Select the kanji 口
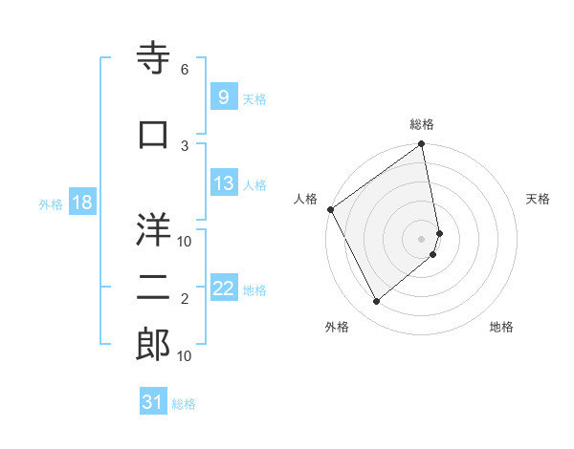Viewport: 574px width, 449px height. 154,136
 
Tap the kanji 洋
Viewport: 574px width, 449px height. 154,230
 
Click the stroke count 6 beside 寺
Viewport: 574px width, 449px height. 185,70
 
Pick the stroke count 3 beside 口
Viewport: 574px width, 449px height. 185,145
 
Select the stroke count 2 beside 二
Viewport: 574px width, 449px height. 185,299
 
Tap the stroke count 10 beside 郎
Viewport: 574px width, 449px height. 185,355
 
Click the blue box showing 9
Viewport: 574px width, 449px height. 223,97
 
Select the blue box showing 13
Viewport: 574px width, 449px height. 224,184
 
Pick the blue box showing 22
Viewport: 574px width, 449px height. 224,289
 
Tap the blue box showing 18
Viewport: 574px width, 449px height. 81,203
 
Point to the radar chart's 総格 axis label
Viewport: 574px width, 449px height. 422,124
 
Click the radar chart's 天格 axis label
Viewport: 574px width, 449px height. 539,199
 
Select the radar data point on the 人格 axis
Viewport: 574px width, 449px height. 330,209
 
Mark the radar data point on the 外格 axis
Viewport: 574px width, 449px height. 376,302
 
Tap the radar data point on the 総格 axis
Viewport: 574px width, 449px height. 422,145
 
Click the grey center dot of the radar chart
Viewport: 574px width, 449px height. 422,238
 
